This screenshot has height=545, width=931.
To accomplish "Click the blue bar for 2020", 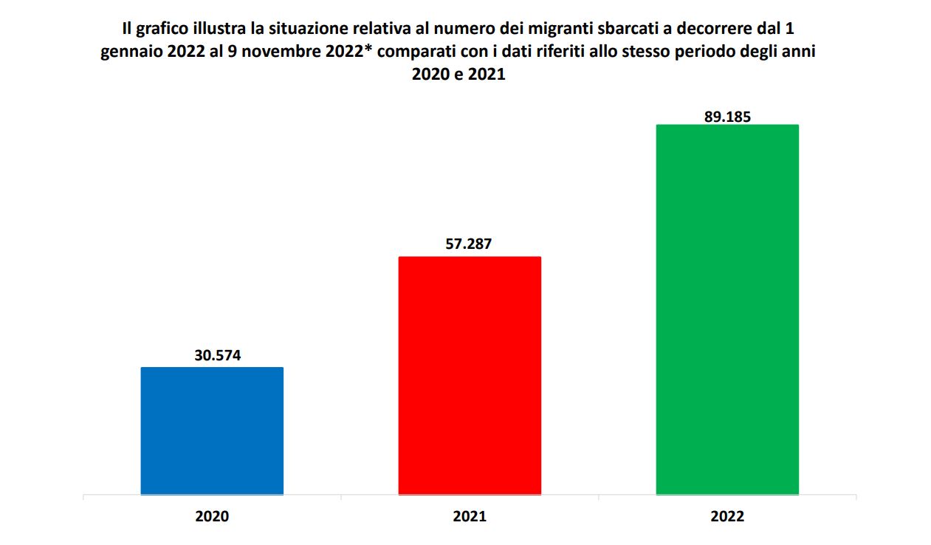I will pos(212,431).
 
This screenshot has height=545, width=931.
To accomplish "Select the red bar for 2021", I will pos(470,375).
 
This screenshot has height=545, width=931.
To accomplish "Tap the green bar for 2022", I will pos(727,309).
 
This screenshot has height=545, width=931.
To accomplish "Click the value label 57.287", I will pos(469,244).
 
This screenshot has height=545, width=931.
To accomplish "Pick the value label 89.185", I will pos(727,115).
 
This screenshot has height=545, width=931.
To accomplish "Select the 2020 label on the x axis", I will pos(212,517).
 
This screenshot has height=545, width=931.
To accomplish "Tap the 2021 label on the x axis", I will pos(470,517).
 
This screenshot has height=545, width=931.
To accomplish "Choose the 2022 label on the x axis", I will pos(727,517).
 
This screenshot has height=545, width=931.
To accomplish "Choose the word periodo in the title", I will pos(710,53).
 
